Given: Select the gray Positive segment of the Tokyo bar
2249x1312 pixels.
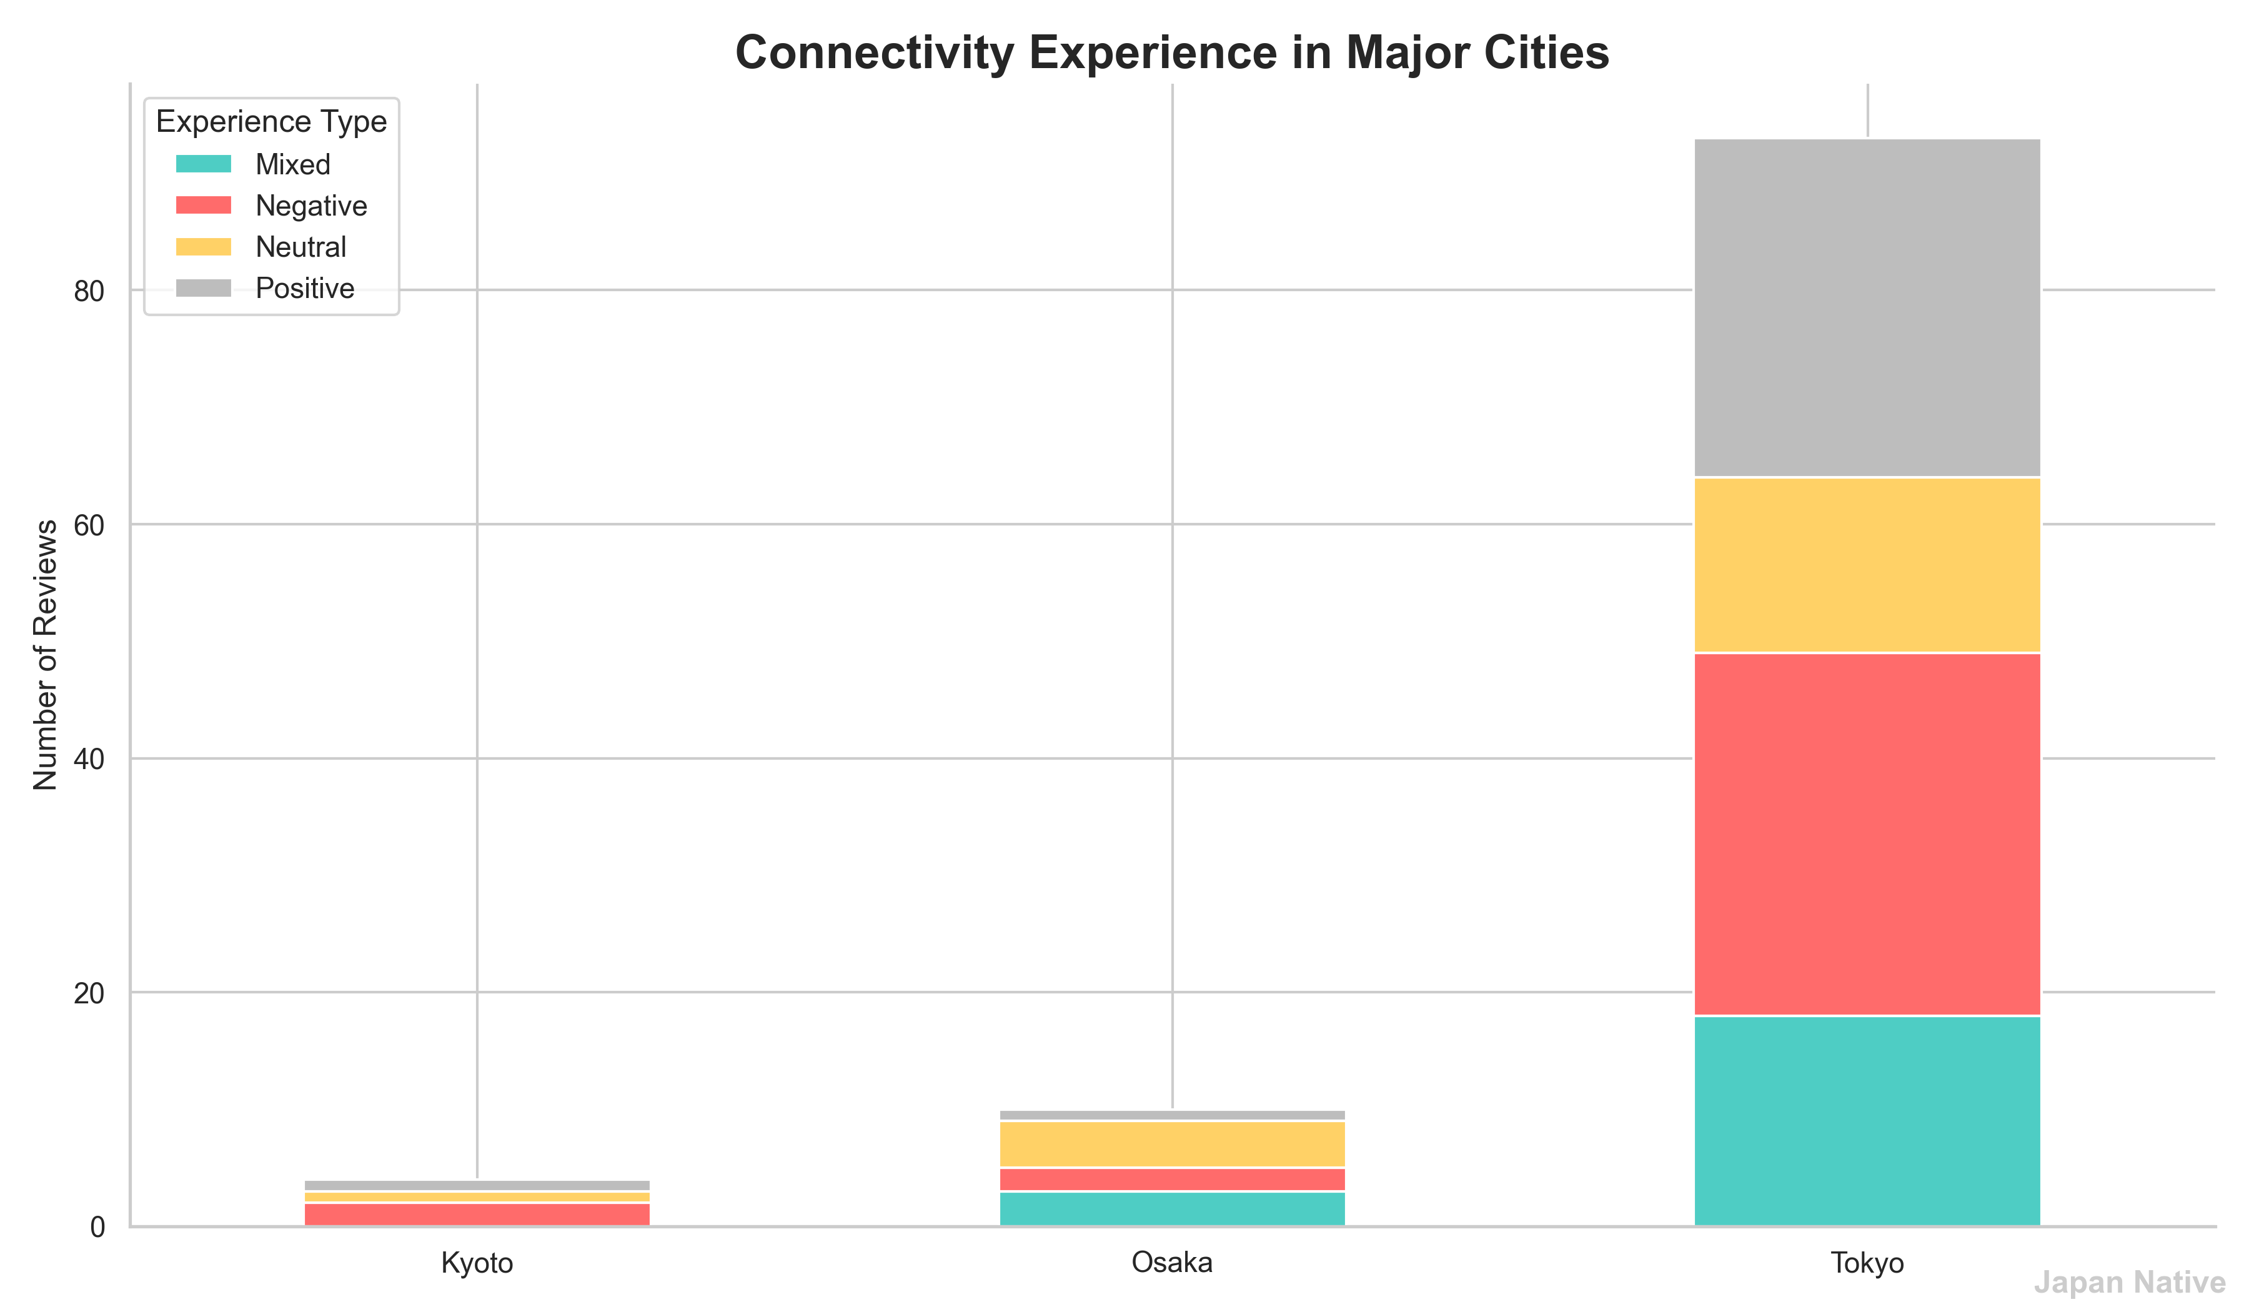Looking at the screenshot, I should [x=1867, y=308].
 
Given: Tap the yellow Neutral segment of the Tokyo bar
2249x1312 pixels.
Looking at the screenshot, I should [x=1867, y=565].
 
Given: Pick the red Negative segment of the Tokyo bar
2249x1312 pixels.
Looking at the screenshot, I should [x=1867, y=835].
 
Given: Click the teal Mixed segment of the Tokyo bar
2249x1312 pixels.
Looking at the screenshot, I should [x=1867, y=1120].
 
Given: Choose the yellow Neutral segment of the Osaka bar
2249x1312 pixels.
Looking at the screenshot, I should [x=1172, y=1144].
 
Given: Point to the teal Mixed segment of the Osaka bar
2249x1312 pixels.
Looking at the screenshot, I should [x=1172, y=1208].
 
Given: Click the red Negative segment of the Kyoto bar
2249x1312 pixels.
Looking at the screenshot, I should [x=477, y=1214].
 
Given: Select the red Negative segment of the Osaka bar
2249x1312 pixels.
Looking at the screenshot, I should [x=1172, y=1179].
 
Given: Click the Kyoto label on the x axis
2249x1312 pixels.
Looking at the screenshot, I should [x=477, y=1263].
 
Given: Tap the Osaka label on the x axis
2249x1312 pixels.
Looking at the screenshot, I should [x=1172, y=1263].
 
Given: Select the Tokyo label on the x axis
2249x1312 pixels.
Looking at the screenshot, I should [x=1867, y=1263].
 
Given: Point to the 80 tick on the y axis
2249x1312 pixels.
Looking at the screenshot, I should [x=89, y=291].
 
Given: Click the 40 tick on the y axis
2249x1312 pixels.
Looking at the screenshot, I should [x=89, y=760].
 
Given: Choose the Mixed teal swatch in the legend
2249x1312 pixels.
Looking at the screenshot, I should [x=204, y=164].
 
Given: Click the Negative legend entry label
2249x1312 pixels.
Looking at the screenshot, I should [x=310, y=206].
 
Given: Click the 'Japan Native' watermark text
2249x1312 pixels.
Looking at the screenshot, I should [x=2128, y=1283].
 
